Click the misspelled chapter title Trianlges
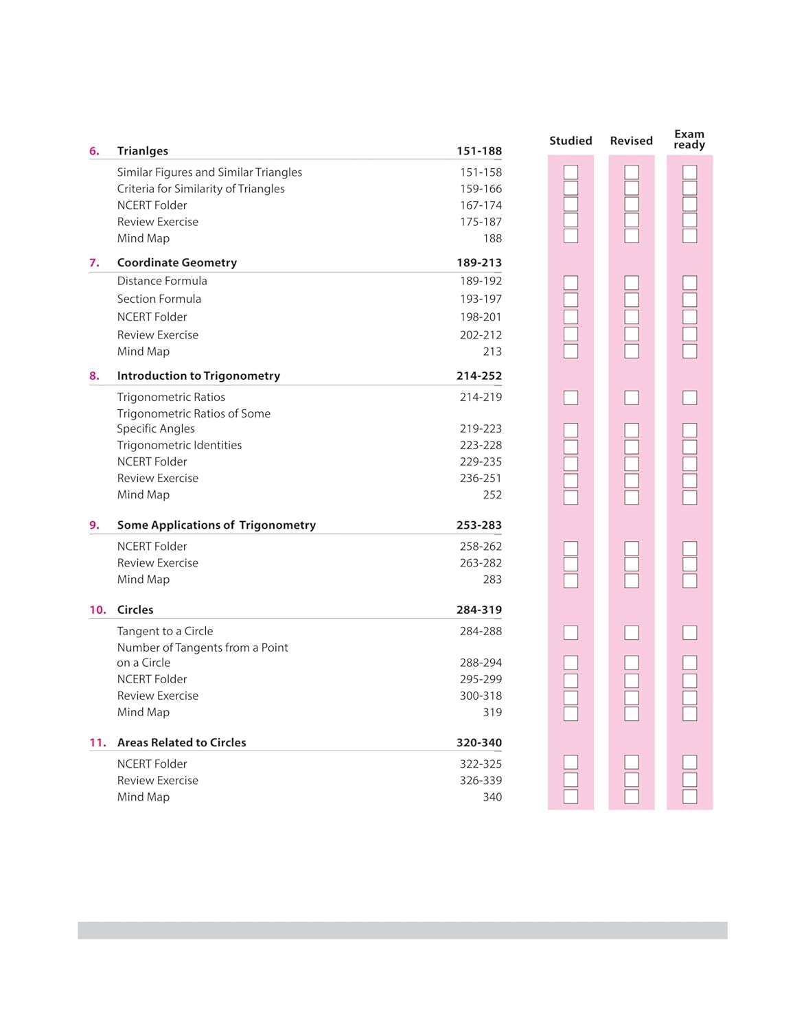click(142, 151)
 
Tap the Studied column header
click(571, 141)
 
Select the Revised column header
click(631, 141)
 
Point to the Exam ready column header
click(689, 139)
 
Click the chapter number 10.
click(97, 610)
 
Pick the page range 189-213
click(479, 262)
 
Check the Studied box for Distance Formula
click(571, 282)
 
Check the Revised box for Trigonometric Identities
click(632, 446)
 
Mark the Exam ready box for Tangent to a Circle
click(690, 632)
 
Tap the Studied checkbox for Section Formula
click(571, 300)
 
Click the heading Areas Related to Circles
click(181, 742)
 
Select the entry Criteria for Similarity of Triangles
click(200, 189)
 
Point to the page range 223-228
click(481, 445)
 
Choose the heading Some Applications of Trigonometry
click(216, 525)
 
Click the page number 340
click(492, 797)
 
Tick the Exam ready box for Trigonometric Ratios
click(690, 398)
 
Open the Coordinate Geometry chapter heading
click(176, 262)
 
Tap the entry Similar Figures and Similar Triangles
click(209, 172)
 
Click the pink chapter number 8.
click(94, 376)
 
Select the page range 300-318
click(481, 696)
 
